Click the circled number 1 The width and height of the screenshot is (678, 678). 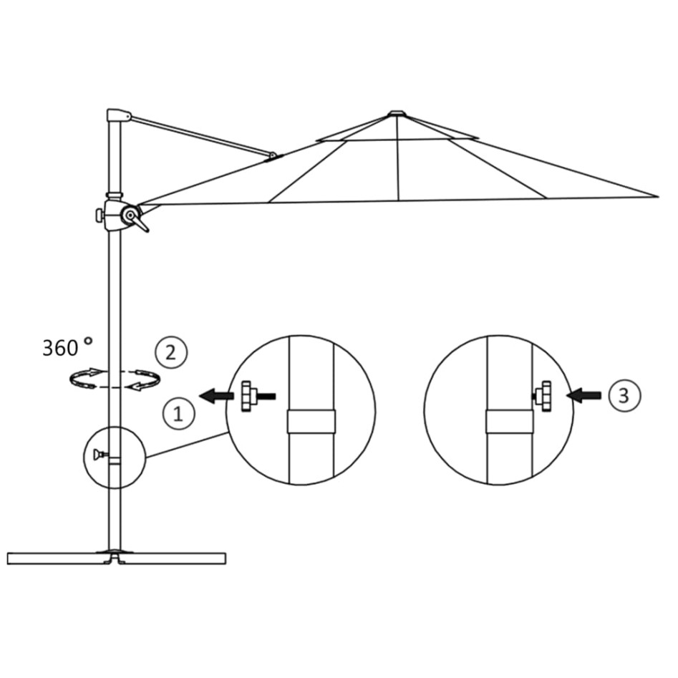coord(178,413)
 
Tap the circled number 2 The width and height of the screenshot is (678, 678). coord(170,352)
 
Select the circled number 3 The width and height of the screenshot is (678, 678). coord(623,394)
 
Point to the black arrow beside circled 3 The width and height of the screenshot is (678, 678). coord(583,394)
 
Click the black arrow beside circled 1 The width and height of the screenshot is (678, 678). coord(217,395)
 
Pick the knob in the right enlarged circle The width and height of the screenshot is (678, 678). coord(543,395)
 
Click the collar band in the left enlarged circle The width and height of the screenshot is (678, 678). coord(311,422)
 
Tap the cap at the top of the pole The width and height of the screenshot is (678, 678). coord(117,115)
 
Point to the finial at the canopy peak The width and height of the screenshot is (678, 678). coord(397,112)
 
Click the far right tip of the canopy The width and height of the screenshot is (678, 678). coord(656,195)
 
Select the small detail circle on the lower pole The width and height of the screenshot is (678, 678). coord(115,457)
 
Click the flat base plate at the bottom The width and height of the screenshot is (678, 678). coord(117,558)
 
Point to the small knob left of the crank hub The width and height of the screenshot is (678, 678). coord(99,214)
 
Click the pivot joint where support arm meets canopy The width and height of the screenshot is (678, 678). coord(273,155)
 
